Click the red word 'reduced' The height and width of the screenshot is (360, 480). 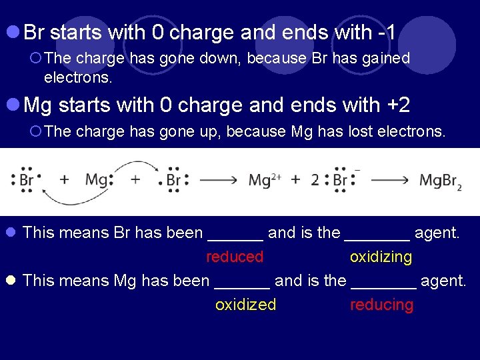coord(235,257)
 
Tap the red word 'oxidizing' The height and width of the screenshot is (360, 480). coord(381,257)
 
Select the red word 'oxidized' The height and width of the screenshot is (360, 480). coord(245,305)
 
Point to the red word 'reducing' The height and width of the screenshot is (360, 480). coord(381,305)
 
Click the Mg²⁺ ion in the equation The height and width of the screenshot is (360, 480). coord(264,180)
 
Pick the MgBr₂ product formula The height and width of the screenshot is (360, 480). coord(440,181)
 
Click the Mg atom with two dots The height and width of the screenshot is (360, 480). coord(97,179)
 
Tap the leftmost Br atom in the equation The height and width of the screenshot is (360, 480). coord(27,180)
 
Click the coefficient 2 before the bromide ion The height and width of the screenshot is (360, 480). coord(314,180)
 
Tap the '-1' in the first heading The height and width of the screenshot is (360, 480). coord(387,31)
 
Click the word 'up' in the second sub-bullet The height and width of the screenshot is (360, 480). coord(211,131)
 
